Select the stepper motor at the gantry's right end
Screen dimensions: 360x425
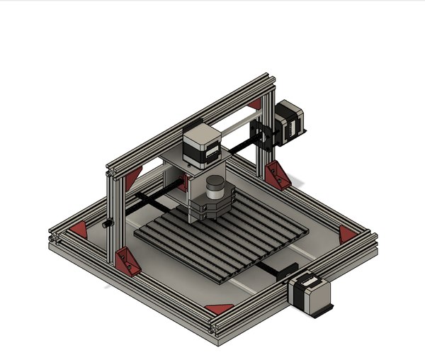tap(291, 121)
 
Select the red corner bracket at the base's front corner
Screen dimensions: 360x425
tap(220, 308)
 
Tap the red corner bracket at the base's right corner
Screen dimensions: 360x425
tap(347, 235)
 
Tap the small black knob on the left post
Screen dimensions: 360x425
tap(108, 224)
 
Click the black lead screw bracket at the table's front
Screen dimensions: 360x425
tap(287, 269)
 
